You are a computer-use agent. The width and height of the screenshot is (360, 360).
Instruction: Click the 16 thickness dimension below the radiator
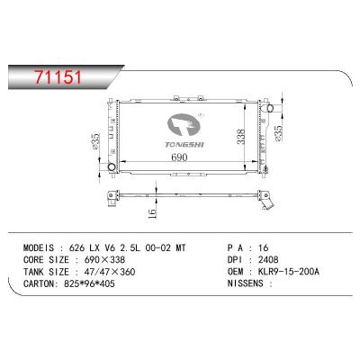click(x=154, y=212)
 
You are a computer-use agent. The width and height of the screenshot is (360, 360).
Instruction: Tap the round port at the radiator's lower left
click(x=111, y=167)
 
